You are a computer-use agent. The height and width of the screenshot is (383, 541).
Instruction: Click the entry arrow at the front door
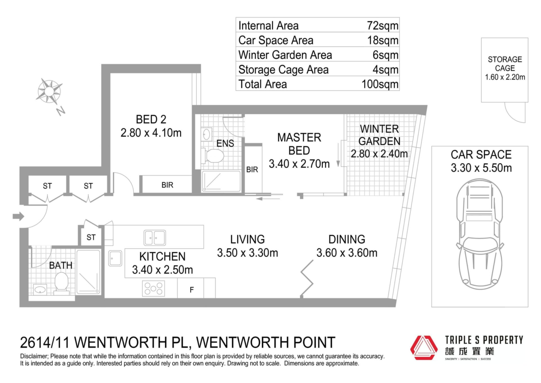coord(18,216)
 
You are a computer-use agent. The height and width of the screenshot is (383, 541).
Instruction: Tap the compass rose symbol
coord(49,91)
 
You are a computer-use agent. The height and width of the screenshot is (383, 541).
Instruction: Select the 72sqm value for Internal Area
coord(383,26)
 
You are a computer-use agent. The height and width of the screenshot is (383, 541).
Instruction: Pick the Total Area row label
coord(263,84)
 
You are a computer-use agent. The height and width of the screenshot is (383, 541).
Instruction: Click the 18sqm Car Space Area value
coord(383,40)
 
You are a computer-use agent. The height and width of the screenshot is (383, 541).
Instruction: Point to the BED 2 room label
coord(151,119)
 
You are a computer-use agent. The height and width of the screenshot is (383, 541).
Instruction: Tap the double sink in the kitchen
coord(155,238)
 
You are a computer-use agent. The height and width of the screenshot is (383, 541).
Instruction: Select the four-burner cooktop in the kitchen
coord(154,288)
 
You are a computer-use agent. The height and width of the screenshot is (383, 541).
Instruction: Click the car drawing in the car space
coord(480,234)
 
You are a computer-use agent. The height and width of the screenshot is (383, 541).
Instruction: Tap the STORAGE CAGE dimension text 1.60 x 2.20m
coord(505,77)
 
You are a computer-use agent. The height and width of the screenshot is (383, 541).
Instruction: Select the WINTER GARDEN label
coord(379,135)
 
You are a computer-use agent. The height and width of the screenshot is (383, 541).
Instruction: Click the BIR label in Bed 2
coord(167,185)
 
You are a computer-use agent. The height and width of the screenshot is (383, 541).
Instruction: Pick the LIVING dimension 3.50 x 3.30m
coord(247,253)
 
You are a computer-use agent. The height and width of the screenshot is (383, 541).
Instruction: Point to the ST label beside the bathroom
coord(91,237)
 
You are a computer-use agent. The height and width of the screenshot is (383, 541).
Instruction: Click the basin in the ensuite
coord(207,135)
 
